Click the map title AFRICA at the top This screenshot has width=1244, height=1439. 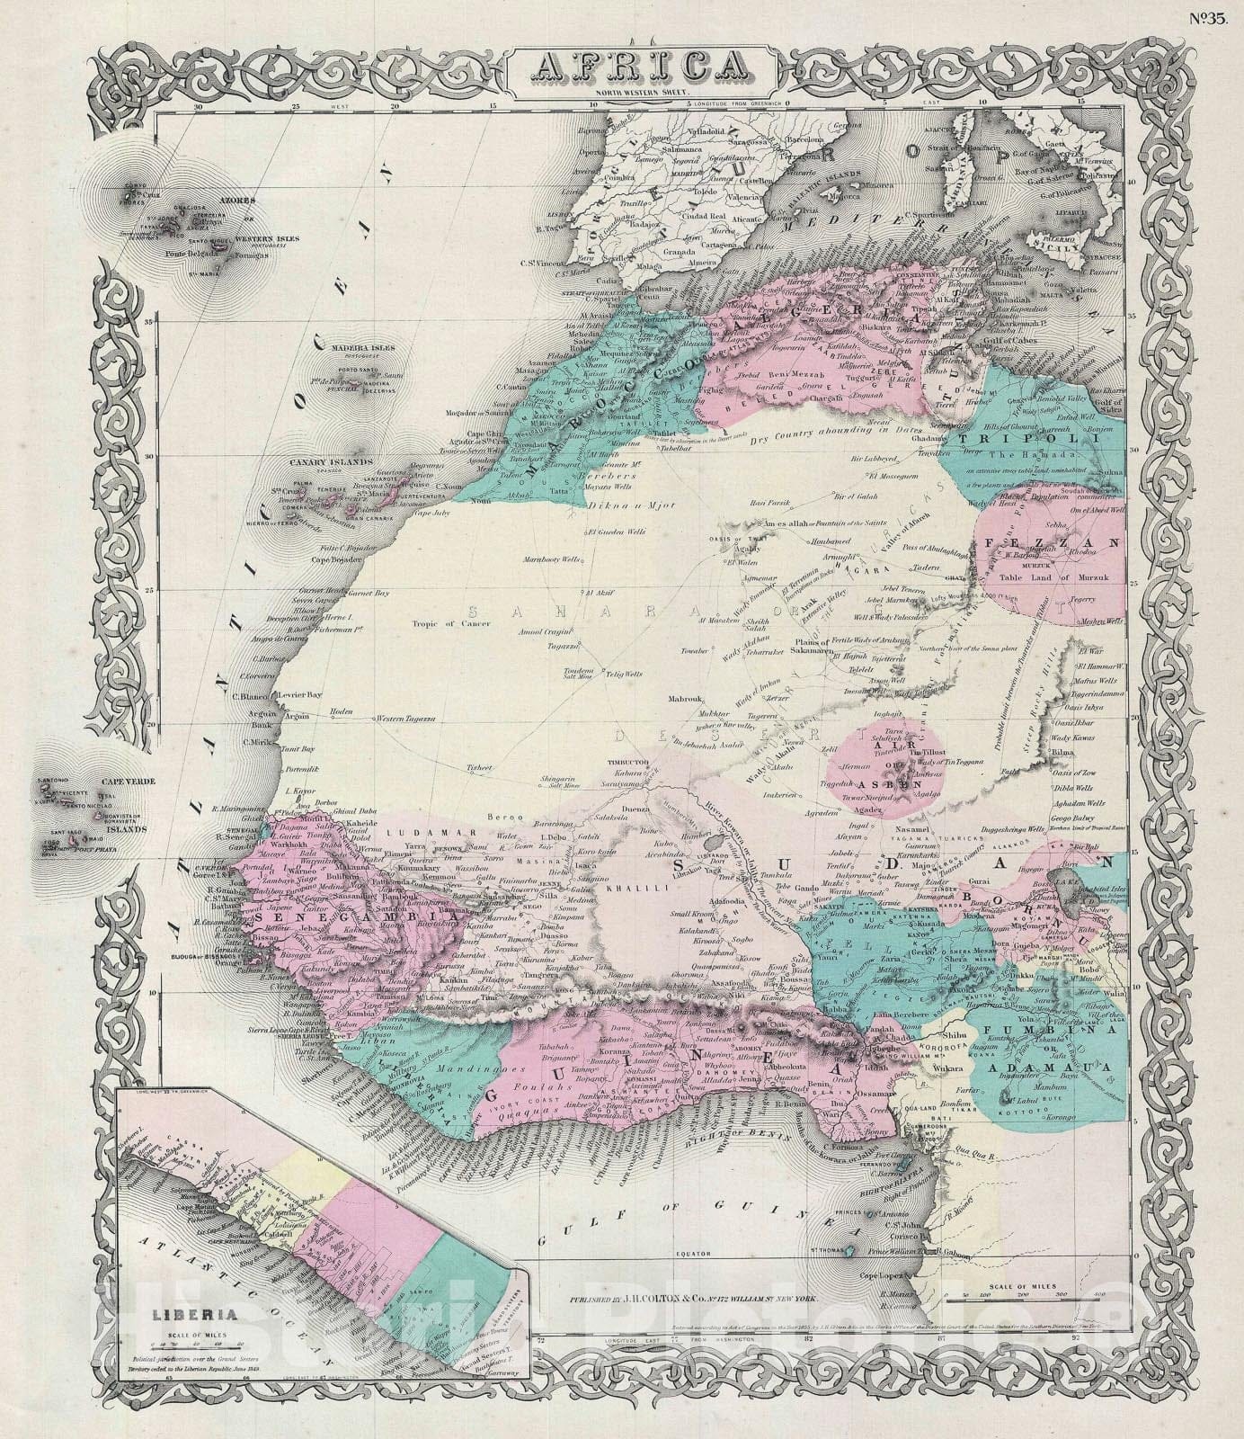[641, 65]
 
